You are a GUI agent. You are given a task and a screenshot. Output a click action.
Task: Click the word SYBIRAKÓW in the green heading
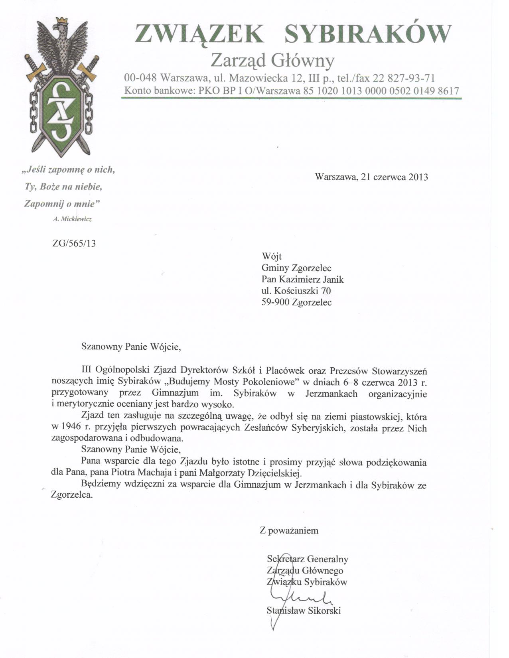pyautogui.click(x=367, y=33)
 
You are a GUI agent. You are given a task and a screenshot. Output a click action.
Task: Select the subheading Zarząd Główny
pyautogui.click(x=272, y=61)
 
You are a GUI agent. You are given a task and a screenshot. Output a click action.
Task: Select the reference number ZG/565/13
pyautogui.click(x=75, y=244)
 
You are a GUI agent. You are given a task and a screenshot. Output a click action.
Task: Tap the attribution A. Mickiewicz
pyautogui.click(x=72, y=219)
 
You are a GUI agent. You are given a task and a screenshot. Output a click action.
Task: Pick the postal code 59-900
pyautogui.click(x=275, y=302)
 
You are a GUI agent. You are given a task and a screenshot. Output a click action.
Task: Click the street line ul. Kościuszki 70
pyautogui.click(x=296, y=291)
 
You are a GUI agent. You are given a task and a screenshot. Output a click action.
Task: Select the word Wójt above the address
pyautogui.click(x=272, y=256)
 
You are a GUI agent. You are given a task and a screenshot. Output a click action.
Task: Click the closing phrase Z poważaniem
pyautogui.click(x=289, y=530)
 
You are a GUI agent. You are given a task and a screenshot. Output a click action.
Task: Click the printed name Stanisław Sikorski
pyautogui.click(x=304, y=611)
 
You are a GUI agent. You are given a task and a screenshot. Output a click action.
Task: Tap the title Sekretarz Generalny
pyautogui.click(x=308, y=559)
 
